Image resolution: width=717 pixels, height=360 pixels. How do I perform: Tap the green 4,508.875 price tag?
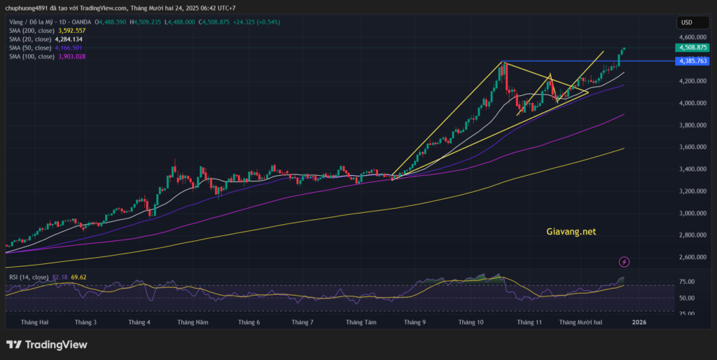[x=692, y=48]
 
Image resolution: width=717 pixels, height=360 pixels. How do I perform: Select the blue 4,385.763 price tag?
[x=692, y=62]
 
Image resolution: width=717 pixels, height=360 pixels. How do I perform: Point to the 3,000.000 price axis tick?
[x=692, y=213]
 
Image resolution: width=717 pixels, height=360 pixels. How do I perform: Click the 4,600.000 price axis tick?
[x=692, y=37]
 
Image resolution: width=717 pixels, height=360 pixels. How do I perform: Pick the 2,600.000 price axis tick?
[x=692, y=257]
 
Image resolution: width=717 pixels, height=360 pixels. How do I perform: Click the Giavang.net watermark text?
[x=571, y=230]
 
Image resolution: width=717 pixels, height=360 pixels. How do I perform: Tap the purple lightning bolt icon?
[x=625, y=262]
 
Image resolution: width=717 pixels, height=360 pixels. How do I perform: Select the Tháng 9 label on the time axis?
[x=415, y=322]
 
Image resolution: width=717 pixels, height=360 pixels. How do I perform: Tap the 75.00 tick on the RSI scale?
[x=687, y=282]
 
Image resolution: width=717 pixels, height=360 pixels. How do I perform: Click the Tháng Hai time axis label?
[x=35, y=322]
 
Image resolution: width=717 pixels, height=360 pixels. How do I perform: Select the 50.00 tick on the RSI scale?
[x=687, y=298]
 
